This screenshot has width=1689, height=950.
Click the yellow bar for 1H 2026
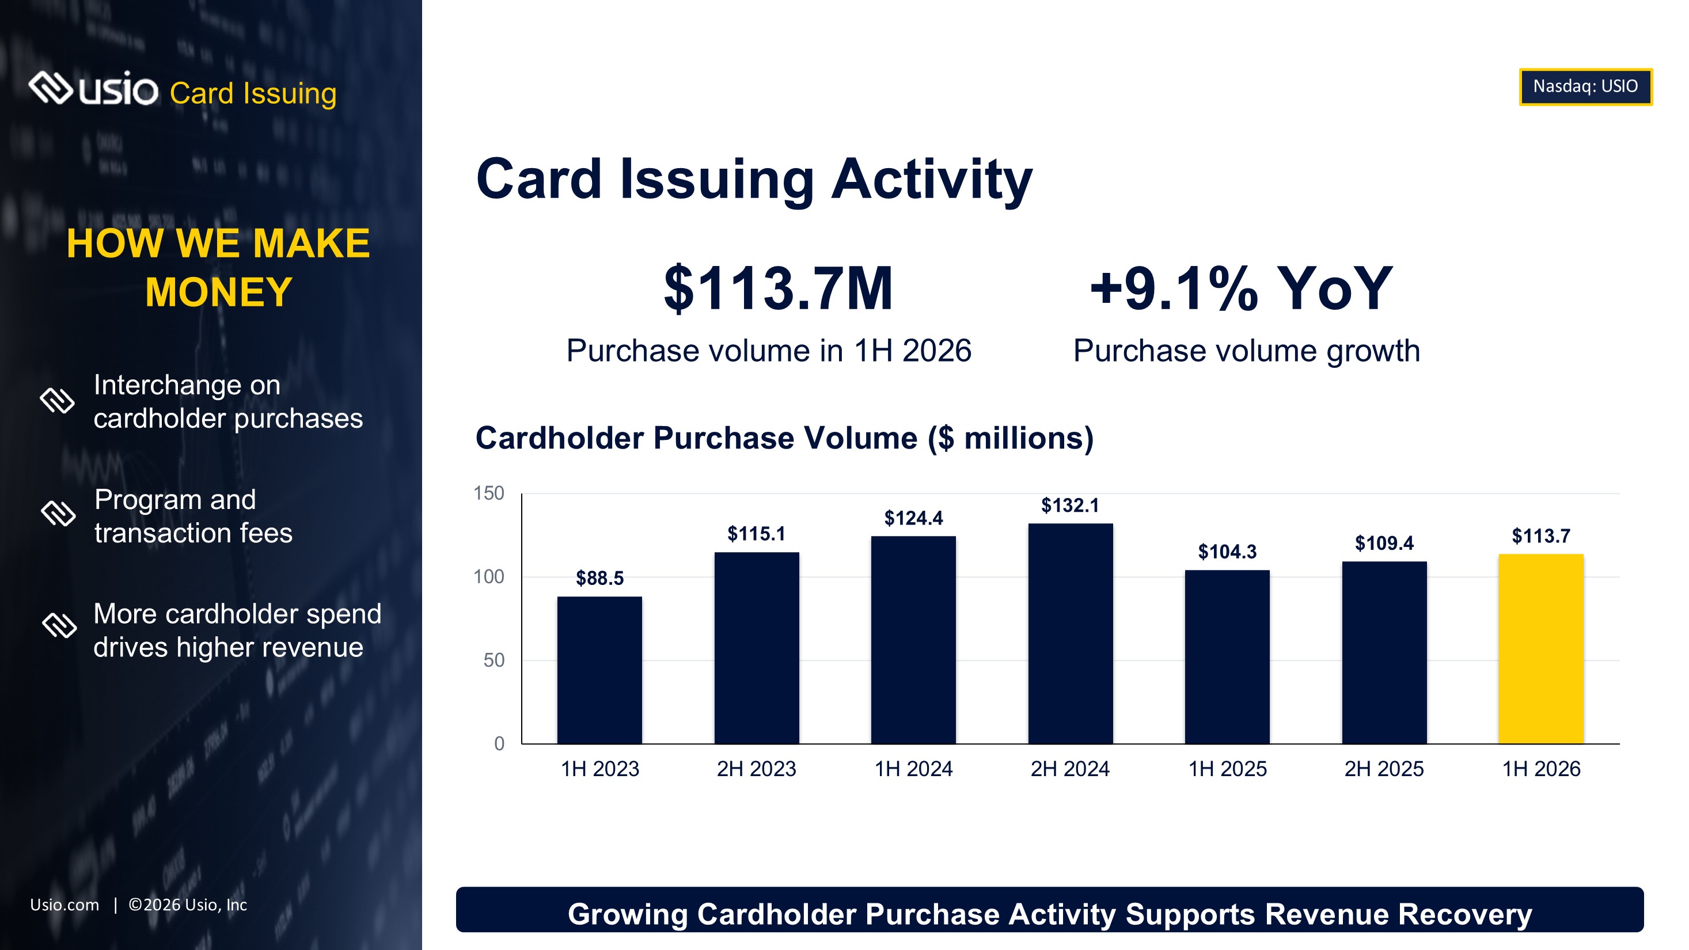[1541, 648]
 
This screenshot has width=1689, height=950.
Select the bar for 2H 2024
[1070, 633]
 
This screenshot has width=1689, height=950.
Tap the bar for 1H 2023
[599, 670]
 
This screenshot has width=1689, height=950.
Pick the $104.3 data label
[1227, 552]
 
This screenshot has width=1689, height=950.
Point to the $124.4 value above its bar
[913, 519]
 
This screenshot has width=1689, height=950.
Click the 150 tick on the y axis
[489, 493]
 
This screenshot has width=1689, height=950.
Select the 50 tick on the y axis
[494, 660]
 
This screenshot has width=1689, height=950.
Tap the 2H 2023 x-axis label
[756, 769]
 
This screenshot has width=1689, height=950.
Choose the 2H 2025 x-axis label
[1384, 769]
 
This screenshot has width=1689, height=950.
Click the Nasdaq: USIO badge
[1585, 86]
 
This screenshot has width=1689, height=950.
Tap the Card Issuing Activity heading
[754, 179]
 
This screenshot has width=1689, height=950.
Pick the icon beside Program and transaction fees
[58, 514]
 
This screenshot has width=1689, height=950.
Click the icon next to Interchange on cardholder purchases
[58, 401]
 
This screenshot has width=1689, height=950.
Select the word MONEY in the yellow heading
[218, 292]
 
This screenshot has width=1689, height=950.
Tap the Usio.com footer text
[64, 905]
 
